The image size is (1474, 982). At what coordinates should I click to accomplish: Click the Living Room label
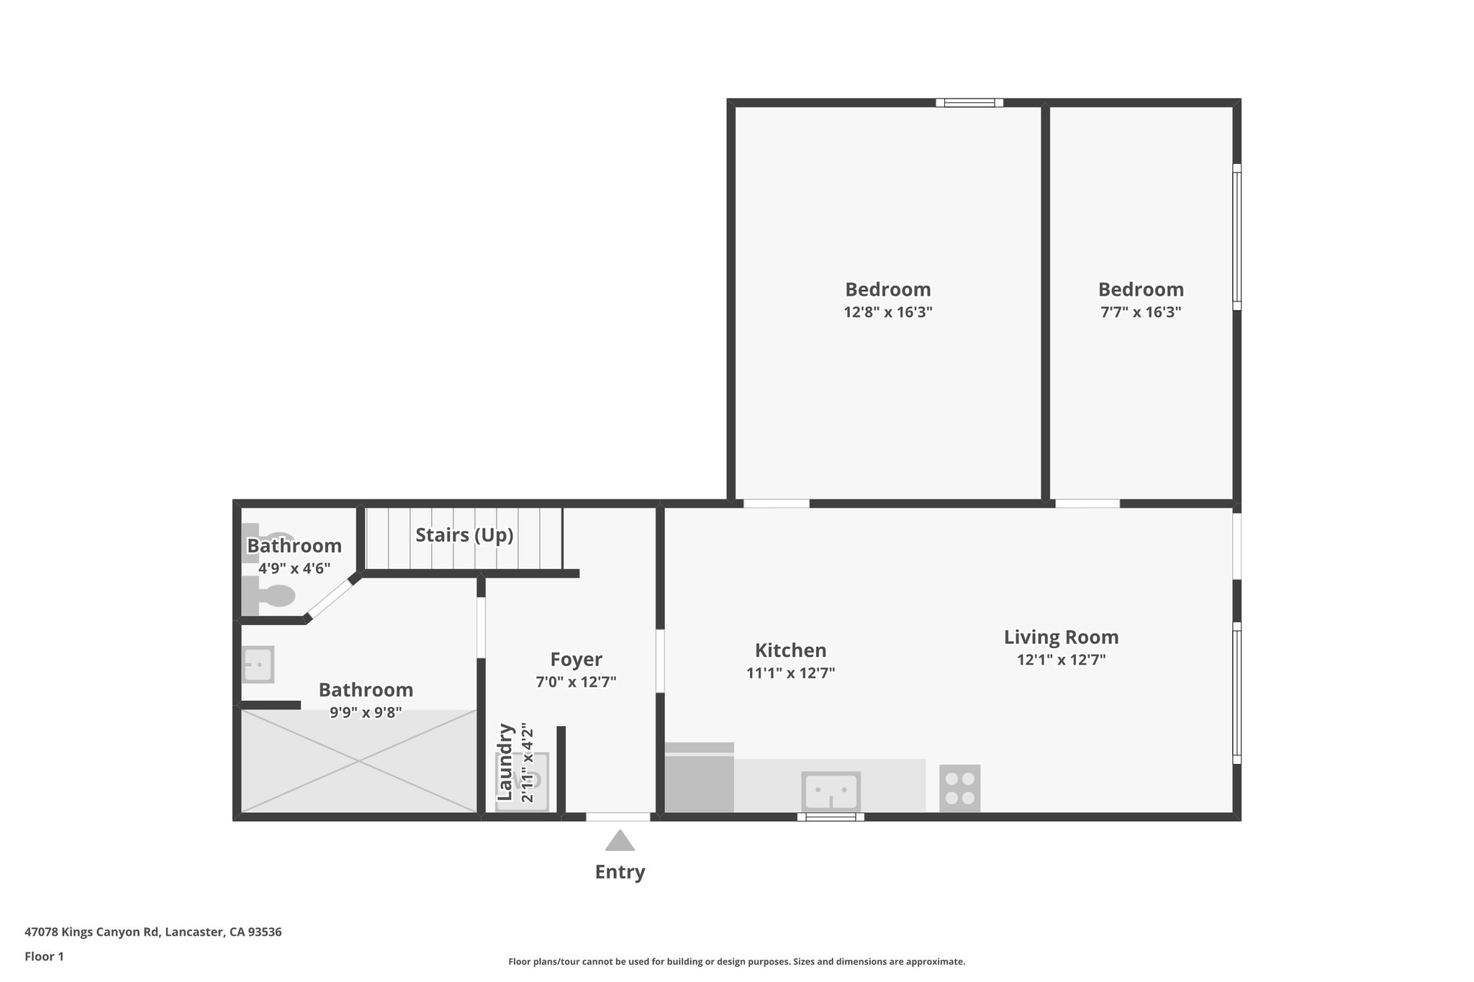(1061, 637)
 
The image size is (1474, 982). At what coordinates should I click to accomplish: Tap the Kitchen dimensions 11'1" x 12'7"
(790, 673)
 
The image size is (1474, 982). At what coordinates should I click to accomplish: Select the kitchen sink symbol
(831, 791)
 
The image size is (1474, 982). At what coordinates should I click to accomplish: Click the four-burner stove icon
(959, 788)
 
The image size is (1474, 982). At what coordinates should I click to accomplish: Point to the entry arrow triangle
(620, 842)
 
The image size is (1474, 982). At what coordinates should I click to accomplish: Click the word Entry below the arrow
(620, 872)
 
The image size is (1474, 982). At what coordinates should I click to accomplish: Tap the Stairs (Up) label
(464, 535)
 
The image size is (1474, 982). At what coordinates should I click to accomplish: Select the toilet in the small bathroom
(270, 596)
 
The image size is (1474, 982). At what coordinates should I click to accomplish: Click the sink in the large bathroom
(257, 664)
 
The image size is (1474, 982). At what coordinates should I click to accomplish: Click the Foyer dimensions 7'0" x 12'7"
(576, 682)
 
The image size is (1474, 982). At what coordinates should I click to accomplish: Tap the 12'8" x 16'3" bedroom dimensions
(887, 312)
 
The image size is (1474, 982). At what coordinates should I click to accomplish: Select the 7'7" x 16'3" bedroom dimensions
(1141, 312)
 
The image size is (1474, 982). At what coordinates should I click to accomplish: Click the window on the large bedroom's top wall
(969, 103)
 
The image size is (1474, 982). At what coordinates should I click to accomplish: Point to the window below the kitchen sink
(831, 817)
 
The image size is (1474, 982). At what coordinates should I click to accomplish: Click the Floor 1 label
(44, 957)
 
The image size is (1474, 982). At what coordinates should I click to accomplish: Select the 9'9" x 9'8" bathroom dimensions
(366, 713)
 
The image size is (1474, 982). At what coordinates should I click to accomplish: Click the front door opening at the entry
(618, 817)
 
